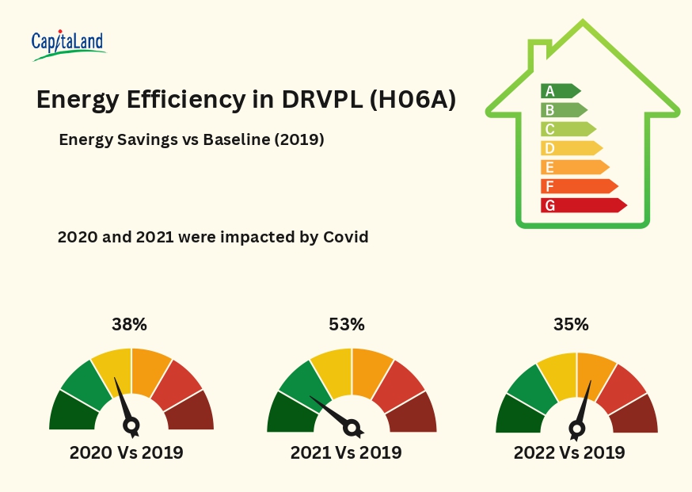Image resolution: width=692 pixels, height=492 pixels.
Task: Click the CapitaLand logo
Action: click(x=68, y=44)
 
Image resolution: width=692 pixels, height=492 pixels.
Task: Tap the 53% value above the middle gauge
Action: click(x=347, y=324)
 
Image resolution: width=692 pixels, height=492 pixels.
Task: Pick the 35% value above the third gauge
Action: click(x=571, y=324)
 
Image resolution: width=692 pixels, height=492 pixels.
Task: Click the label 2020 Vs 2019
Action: click(x=127, y=453)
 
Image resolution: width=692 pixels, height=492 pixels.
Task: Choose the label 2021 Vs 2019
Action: click(x=346, y=453)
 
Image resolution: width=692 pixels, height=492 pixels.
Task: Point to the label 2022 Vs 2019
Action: click(x=569, y=453)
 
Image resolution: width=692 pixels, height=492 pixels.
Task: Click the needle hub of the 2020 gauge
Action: click(x=131, y=425)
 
